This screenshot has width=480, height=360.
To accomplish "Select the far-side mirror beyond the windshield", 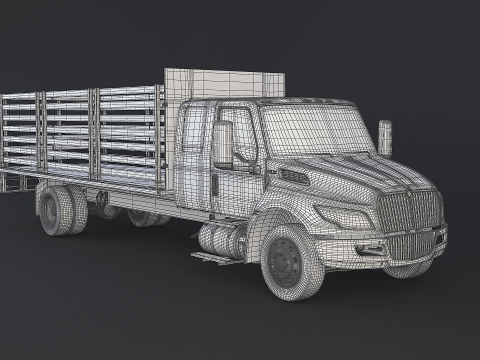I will tap(385, 137).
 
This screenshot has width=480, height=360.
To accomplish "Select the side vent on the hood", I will tap(295, 177).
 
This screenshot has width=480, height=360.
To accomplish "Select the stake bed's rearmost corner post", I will tap(3, 140).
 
